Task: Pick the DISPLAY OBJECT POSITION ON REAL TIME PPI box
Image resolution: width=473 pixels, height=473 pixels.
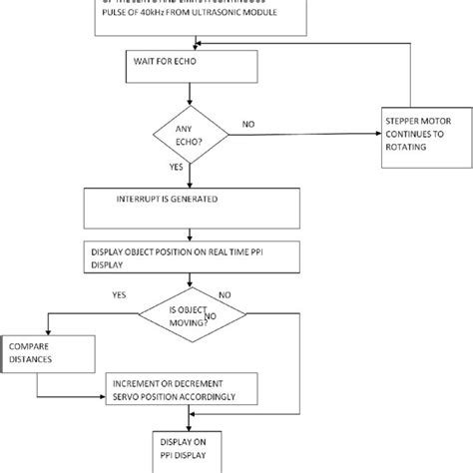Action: click(187, 256)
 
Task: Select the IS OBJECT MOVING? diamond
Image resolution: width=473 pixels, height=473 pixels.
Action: click(191, 316)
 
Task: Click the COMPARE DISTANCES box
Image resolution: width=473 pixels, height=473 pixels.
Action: click(49, 355)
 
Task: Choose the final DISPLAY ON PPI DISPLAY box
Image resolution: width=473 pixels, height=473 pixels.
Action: click(190, 449)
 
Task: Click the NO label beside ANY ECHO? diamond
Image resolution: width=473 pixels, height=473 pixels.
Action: click(246, 125)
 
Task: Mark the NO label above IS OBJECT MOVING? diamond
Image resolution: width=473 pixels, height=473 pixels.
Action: click(225, 296)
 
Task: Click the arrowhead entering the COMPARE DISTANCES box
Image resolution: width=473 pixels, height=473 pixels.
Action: click(47, 332)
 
